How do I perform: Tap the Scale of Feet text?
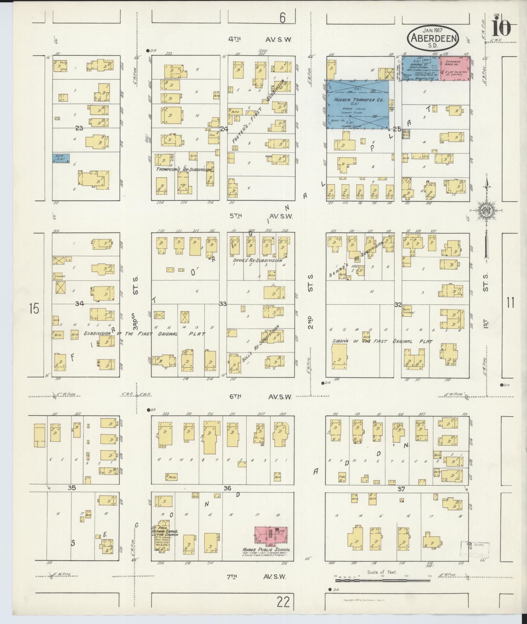382,572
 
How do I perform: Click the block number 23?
79,128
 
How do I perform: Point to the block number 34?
80,304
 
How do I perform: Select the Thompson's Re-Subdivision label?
184,169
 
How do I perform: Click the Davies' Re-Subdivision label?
257,260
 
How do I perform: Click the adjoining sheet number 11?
510,304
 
